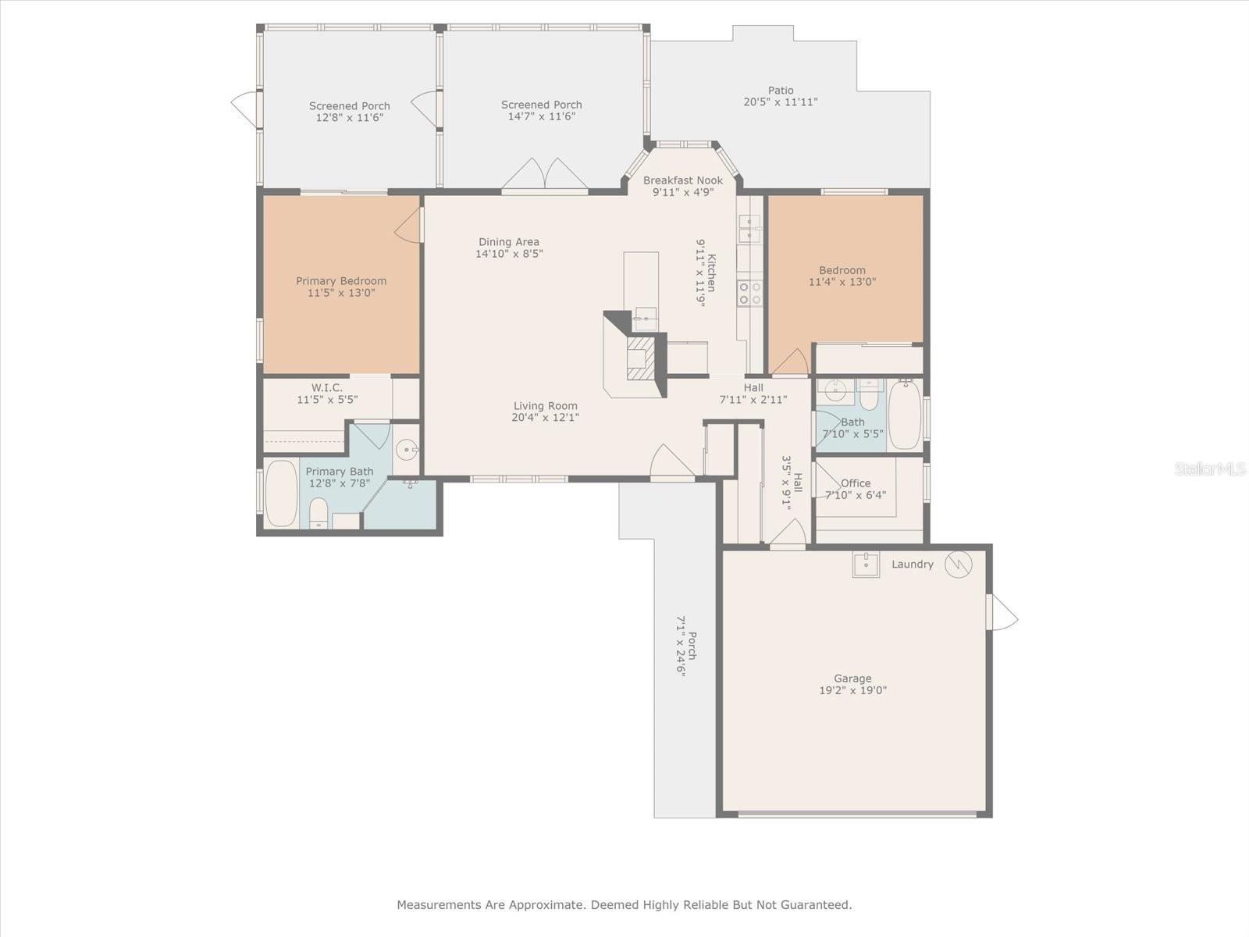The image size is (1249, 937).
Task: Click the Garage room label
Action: tap(852, 679)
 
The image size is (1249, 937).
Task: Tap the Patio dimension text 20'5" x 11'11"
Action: tap(780, 102)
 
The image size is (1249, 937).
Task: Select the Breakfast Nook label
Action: tap(682, 180)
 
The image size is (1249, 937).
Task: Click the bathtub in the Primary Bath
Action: tap(281, 493)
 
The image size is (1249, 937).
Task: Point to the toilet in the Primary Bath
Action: tap(318, 514)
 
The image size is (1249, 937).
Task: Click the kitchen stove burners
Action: tap(749, 294)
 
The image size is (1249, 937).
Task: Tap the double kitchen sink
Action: tap(749, 229)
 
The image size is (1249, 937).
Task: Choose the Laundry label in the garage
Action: tap(912, 565)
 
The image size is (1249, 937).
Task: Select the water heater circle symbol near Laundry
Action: tap(958, 564)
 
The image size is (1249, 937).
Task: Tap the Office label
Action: tap(856, 483)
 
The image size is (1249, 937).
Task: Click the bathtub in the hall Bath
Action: tap(905, 415)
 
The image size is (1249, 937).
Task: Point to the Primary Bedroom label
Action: tap(341, 281)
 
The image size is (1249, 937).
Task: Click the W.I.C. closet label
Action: tap(327, 388)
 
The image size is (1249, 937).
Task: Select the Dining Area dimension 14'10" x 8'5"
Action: tap(509, 254)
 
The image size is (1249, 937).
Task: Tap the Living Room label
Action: tap(545, 406)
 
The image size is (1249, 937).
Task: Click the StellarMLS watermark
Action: tap(1209, 468)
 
